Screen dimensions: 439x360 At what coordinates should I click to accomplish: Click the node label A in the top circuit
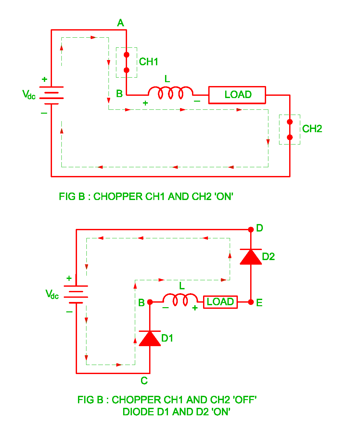pos(121,23)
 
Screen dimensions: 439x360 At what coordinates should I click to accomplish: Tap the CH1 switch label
pos(148,62)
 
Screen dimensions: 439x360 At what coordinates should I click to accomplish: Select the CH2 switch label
pos(312,129)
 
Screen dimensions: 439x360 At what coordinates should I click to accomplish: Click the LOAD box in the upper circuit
pos(237,95)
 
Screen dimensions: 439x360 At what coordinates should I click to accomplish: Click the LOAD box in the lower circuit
pos(220,302)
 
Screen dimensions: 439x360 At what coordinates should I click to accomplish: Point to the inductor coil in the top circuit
pos(171,93)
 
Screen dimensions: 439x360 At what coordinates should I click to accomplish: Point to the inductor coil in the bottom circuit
pos(180,299)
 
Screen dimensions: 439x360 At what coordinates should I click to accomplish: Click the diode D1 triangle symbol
pos(150,339)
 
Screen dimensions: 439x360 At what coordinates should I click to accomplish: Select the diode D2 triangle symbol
pos(251,257)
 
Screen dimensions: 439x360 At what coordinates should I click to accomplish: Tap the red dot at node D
pos(251,230)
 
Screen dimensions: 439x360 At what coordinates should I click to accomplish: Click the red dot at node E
pos(251,302)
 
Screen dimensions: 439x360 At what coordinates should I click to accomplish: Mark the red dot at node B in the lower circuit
pos(150,302)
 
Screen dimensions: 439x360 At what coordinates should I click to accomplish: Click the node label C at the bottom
pos(144,381)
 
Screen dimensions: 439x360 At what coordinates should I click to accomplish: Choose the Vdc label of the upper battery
pos(29,95)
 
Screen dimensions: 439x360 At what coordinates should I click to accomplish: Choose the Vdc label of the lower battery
pos(52,294)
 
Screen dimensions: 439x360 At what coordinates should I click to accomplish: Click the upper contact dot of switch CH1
pos(127,55)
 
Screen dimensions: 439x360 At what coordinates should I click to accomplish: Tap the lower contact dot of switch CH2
pos(290,137)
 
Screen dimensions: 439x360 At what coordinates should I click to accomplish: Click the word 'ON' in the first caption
pos(224,197)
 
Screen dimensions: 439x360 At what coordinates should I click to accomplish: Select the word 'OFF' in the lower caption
pos(245,400)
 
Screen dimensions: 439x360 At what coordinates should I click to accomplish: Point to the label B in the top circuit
pos(119,94)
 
